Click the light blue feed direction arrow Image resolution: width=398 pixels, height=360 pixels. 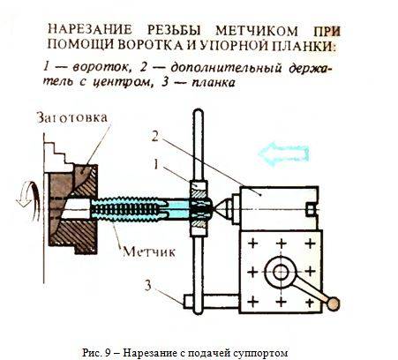tap(283, 154)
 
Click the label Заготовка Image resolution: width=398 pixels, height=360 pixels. tap(71, 117)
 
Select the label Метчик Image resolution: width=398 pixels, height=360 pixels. tap(149, 251)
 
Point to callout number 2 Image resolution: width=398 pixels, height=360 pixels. tap(155, 136)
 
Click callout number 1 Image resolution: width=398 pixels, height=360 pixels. tap(155, 164)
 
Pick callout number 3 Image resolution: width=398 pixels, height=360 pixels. tap(147, 285)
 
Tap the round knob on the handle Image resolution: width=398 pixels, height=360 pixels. tap(334, 304)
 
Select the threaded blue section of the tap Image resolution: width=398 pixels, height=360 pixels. tap(127, 209)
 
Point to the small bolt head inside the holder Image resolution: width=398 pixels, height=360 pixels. tap(312, 210)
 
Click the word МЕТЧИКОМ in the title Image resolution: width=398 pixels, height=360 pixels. tap(256, 31)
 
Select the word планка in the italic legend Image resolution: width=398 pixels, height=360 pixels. tap(214, 83)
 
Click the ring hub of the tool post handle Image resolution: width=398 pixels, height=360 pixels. tap(282, 272)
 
